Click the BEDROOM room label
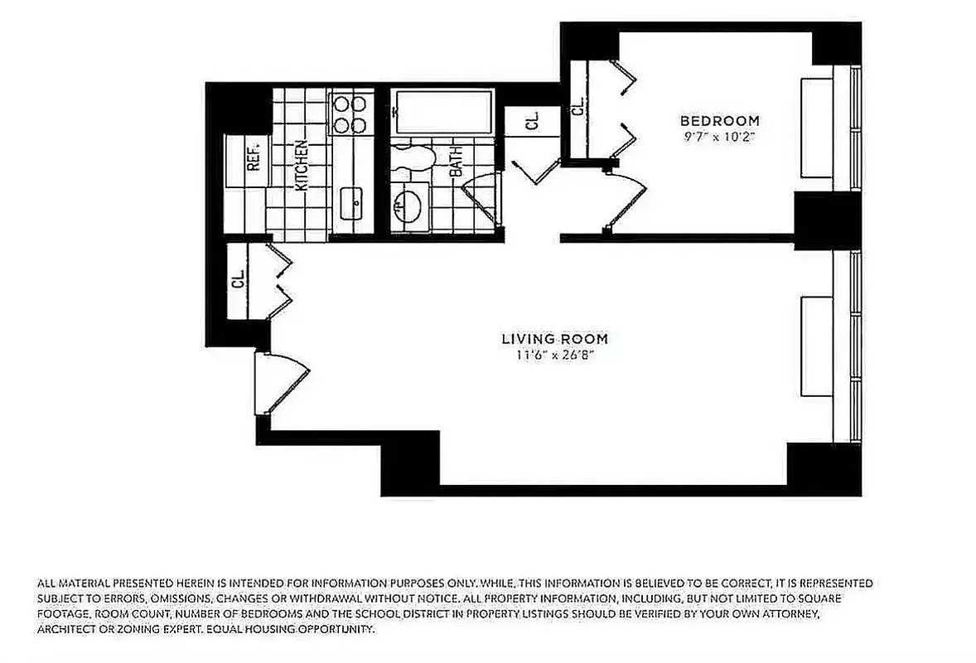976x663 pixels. pos(719,119)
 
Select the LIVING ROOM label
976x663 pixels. pos(554,338)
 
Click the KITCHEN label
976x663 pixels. pos(302,166)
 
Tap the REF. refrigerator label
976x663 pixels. pos(254,154)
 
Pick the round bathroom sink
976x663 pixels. pos(408,204)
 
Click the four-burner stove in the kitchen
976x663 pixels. pos(350,114)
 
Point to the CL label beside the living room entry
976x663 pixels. pos(238,280)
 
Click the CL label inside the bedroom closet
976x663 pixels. pos(577,105)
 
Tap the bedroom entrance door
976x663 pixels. pos(626,199)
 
